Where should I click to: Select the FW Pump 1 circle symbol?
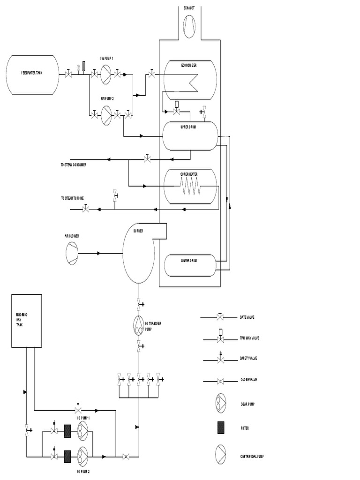[x=106, y=74]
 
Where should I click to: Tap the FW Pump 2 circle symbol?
[x=106, y=113]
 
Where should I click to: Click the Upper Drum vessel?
[x=189, y=136]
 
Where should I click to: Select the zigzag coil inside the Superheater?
[x=190, y=190]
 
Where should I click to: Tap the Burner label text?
[x=138, y=231]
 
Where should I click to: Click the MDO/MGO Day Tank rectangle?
[x=26, y=321]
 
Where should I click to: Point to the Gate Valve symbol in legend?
[x=220, y=317]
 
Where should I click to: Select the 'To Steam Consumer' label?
[x=73, y=165]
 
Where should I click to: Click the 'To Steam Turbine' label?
[x=72, y=198]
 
